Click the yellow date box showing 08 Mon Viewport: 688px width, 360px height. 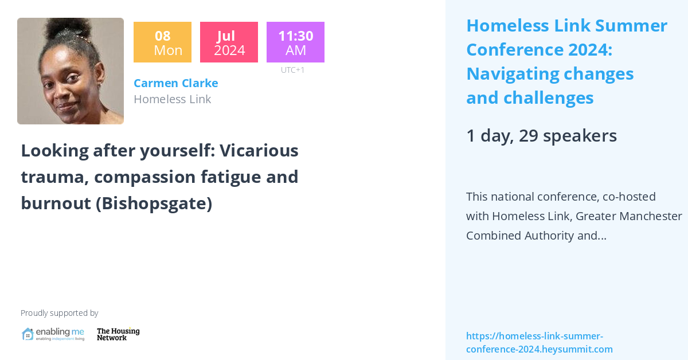click(x=162, y=42)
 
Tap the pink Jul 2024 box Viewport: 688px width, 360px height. click(x=229, y=42)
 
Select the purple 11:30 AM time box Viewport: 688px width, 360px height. click(x=295, y=42)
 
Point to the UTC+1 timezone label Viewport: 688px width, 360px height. click(x=292, y=70)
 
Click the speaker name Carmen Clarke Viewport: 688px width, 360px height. click(x=175, y=83)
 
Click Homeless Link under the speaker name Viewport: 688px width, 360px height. click(x=172, y=99)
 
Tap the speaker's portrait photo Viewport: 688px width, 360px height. click(x=71, y=71)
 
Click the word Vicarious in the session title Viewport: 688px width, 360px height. click(x=259, y=150)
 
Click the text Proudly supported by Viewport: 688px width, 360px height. click(x=59, y=313)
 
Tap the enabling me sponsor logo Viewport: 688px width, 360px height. click(x=53, y=334)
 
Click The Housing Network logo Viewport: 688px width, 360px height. click(x=118, y=334)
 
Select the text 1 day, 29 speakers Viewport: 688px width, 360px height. click(x=541, y=136)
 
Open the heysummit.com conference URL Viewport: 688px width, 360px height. click(x=539, y=343)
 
